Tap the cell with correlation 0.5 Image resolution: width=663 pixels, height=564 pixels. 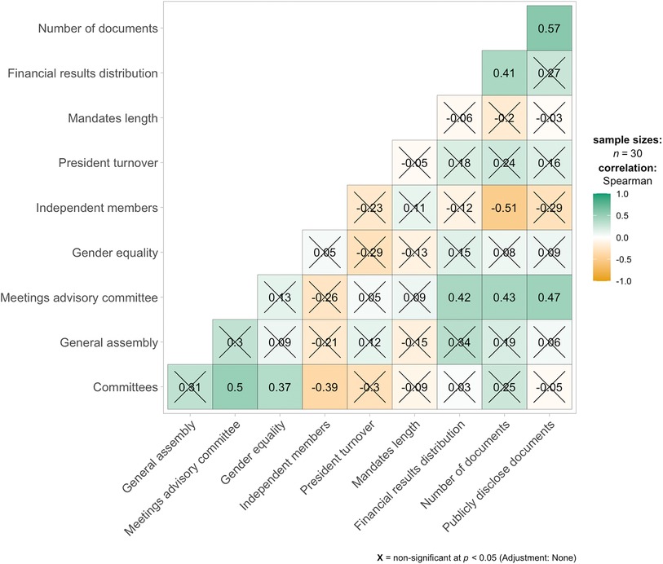click(x=235, y=387)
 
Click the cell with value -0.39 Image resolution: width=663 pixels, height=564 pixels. click(x=325, y=387)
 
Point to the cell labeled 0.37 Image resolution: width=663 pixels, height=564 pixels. click(x=280, y=387)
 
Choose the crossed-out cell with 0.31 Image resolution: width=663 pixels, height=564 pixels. click(x=190, y=387)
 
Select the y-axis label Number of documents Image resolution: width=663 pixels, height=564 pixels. click(x=97, y=29)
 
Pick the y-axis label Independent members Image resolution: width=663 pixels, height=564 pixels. click(x=96, y=208)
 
